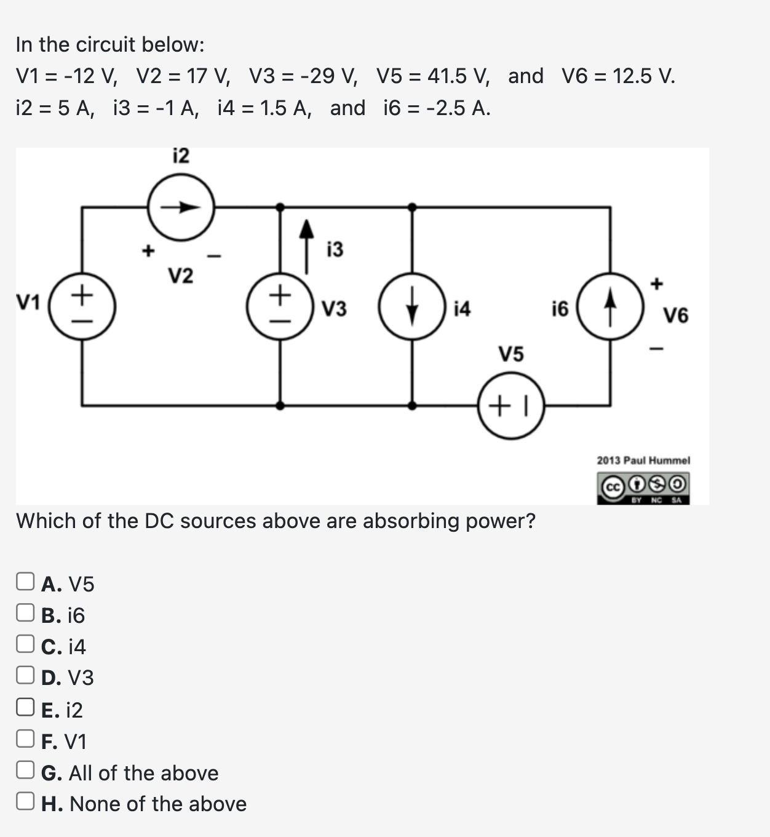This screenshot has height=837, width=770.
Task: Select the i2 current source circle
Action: pos(181,207)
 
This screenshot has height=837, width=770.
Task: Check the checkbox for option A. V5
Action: pos(25,582)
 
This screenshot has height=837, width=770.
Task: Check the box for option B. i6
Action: pos(25,613)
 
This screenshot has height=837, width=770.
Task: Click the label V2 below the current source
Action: pos(181,276)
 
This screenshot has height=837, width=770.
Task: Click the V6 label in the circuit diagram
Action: pos(676,316)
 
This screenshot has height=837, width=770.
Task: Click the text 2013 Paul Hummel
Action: pos(643,460)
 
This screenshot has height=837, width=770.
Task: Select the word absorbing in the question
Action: pos(411,521)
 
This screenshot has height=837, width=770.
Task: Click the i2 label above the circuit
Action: pos(181,156)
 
